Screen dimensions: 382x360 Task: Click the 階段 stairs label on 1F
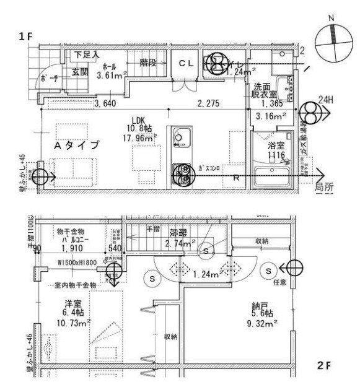[x=148, y=62]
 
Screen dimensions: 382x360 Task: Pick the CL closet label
[x=187, y=63]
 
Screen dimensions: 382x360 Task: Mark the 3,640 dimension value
[x=105, y=103]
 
